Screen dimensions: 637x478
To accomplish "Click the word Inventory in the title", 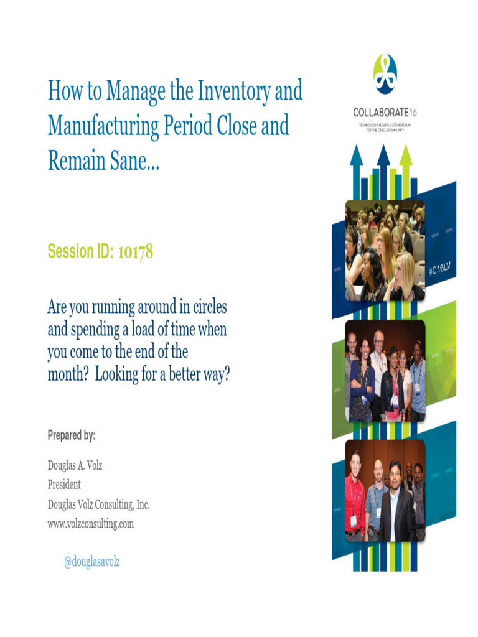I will (234, 91).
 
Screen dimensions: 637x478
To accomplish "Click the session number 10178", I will (132, 252).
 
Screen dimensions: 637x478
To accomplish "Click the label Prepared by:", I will (72, 435).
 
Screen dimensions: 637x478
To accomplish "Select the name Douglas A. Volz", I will (75, 465).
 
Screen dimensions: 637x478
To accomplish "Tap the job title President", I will (64, 484).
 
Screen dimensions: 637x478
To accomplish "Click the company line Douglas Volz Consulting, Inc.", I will (98, 504).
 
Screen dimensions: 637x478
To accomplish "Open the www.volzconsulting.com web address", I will (90, 524).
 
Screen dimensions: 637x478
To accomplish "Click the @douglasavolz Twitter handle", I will (92, 562).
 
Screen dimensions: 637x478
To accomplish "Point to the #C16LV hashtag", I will (439, 269).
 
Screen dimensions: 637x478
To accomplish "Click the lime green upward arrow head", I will (405, 155).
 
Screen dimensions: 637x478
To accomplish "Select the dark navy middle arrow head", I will (383, 155).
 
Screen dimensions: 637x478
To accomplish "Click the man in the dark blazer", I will (396, 504).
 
